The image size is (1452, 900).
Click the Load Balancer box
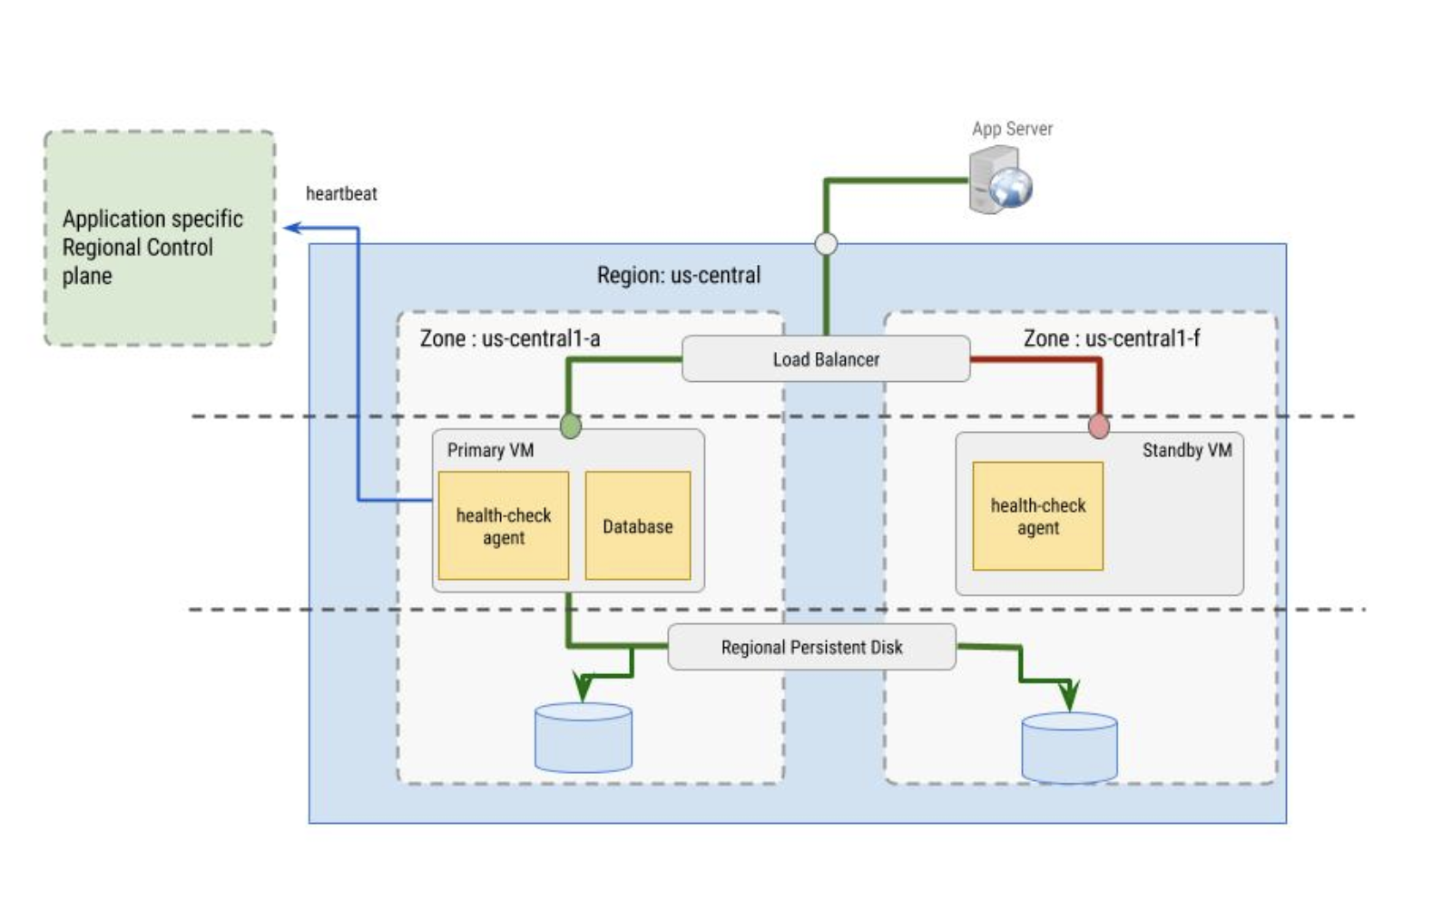[825, 359]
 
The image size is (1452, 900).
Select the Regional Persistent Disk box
[811, 647]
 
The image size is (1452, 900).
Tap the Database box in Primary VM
[637, 526]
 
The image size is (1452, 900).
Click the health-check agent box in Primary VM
[503, 526]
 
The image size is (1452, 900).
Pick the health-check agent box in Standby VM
[1037, 516]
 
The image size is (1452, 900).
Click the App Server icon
[999, 181]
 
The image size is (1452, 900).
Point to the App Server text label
[1012, 129]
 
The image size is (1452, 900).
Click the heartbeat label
[341, 193]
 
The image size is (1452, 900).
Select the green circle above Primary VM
[570, 425]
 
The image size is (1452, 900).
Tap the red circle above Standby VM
[1098, 426]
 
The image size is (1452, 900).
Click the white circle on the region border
[826, 244]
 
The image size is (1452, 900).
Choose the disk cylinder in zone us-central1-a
[583, 738]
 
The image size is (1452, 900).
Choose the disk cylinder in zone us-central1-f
[1069, 748]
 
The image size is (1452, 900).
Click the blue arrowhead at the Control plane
[292, 228]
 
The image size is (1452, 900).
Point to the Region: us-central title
[678, 275]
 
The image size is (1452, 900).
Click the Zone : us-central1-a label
[509, 338]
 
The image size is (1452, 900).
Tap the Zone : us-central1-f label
[1111, 338]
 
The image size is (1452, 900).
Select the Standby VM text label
[1186, 450]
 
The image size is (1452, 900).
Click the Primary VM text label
[490, 450]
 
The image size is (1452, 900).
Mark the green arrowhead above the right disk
[1070, 696]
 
